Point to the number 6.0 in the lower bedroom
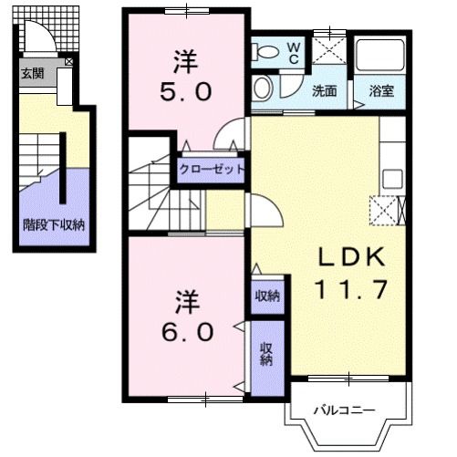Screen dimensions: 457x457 click(188, 328)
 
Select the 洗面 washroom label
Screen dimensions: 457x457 click(324, 91)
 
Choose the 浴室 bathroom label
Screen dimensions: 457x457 click(380, 91)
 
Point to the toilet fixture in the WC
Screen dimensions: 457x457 click(265, 53)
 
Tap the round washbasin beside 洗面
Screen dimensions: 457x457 click(263, 89)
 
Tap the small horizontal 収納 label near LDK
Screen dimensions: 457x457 click(266, 296)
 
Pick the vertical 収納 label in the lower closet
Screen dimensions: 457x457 click(266, 354)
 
